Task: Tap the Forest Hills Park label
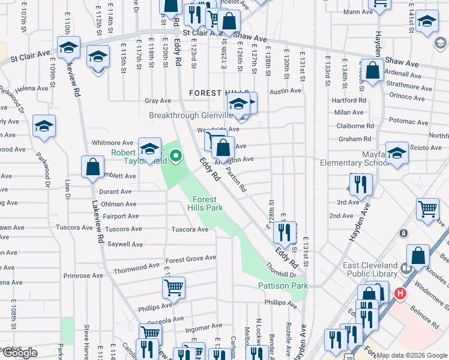pyautogui.click(x=208, y=203)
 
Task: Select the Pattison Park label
pyautogui.click(x=283, y=286)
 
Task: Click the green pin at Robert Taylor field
pyautogui.click(x=176, y=158)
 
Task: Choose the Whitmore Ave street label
pyautogui.click(x=112, y=143)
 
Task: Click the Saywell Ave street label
pyautogui.click(x=124, y=244)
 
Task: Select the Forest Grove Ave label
pyautogui.click(x=191, y=259)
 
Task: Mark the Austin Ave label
pyautogui.click(x=285, y=91)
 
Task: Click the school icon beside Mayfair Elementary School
pyautogui.click(x=397, y=154)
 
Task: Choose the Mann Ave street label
pyautogui.click(x=355, y=11)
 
